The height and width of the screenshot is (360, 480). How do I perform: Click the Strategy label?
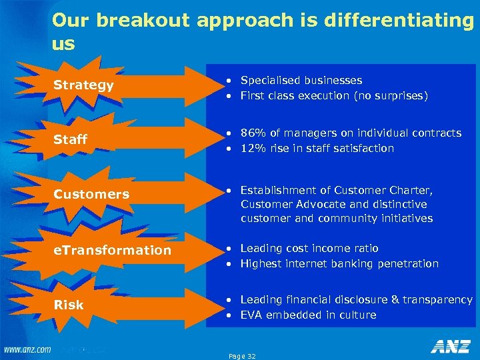[x=83, y=85]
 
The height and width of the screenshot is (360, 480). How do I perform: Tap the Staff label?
[x=70, y=139]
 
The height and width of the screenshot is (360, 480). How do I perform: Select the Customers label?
[x=91, y=194]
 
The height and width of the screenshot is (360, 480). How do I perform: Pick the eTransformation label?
[x=112, y=250]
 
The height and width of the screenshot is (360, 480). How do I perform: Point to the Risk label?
[x=68, y=305]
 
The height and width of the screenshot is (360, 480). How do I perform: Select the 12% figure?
[x=253, y=148]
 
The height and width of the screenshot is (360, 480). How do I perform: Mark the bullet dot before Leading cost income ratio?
[x=228, y=248]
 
